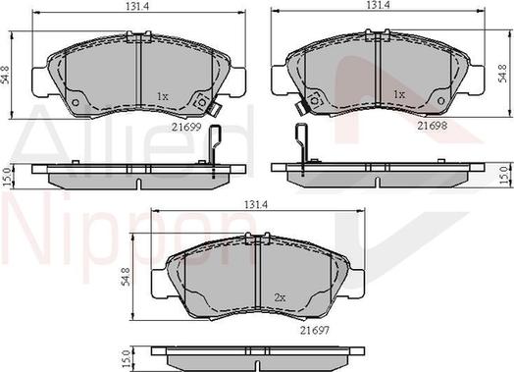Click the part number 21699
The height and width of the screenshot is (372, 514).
pyautogui.click(x=186, y=127)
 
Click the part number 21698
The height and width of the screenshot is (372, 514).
pyautogui.click(x=432, y=125)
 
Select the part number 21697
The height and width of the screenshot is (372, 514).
pyautogui.click(x=314, y=330)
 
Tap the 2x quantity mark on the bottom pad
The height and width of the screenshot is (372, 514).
pyautogui.click(x=280, y=297)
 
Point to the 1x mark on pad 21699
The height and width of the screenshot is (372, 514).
pyautogui.click(x=163, y=96)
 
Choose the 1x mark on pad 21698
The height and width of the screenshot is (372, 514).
pyautogui.click(x=399, y=95)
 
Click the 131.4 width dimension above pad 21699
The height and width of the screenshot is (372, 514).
pyautogui.click(x=137, y=7)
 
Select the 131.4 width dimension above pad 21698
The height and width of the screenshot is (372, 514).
pyautogui.click(x=378, y=5)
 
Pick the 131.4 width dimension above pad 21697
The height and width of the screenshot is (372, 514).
pyautogui.click(x=256, y=204)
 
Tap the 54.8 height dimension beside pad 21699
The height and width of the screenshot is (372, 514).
pyautogui.click(x=6, y=76)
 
